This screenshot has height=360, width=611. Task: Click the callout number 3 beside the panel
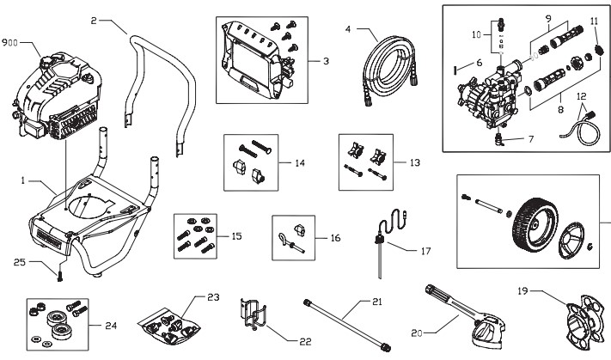pyautogui.click(x=325, y=61)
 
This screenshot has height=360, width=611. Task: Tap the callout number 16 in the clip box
pyautogui.click(x=334, y=237)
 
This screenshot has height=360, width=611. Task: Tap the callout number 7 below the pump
pyautogui.click(x=529, y=138)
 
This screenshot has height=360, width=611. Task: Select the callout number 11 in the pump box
pyautogui.click(x=594, y=20)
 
